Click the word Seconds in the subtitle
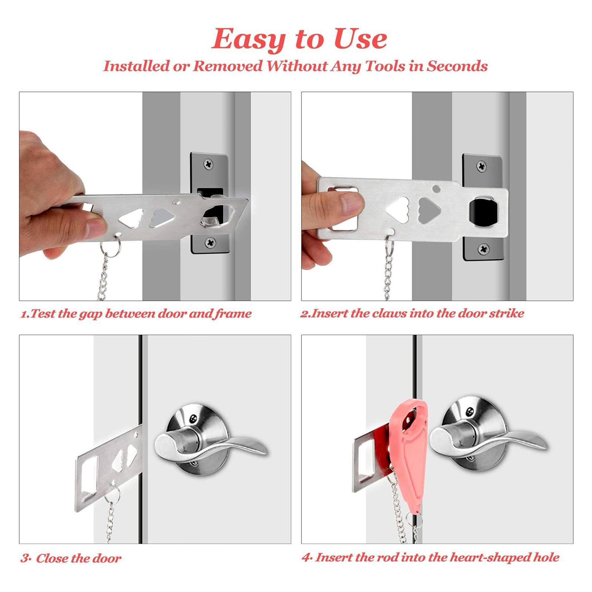[457, 66]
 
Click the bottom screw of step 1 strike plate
[210, 243]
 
